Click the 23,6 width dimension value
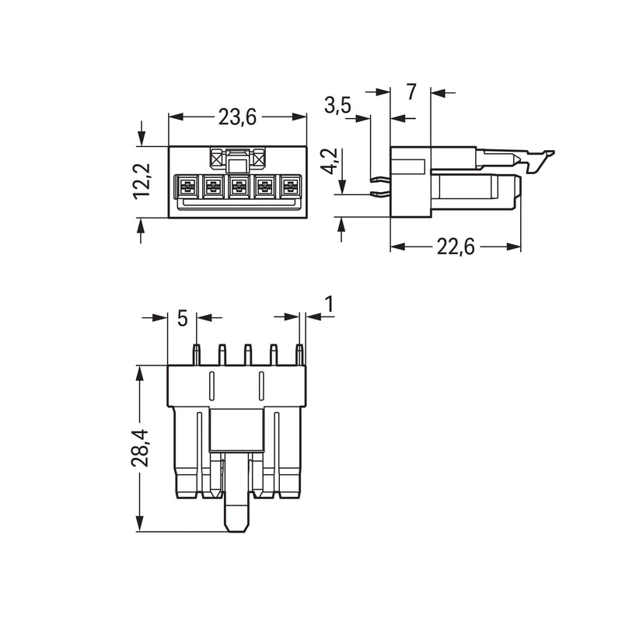click(237, 117)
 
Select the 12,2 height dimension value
click(142, 181)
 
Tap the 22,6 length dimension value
click(456, 247)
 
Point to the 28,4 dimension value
click(139, 448)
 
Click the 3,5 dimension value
click(337, 106)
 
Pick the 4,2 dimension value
click(329, 162)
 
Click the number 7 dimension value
click(411, 92)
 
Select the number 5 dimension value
click(182, 318)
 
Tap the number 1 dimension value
click(329, 304)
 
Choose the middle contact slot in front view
click(238, 186)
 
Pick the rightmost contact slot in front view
click(291, 186)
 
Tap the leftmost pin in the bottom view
click(197, 355)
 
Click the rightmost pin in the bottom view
click(300, 355)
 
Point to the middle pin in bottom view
click(247, 355)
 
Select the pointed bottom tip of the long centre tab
click(237, 531)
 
